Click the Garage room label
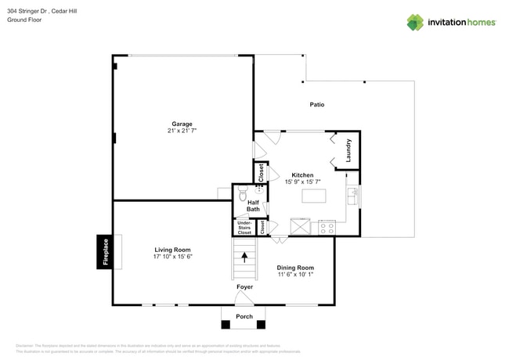pos(182,124)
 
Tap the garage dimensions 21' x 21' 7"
pos(182,131)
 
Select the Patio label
pos(316,104)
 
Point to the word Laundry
pos(348,150)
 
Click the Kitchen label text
pos(302,175)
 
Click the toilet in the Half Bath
pos(243,193)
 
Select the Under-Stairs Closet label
pos(244,228)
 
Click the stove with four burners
pos(326,228)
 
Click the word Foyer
pos(245,287)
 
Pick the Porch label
pos(244,316)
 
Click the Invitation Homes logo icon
pos(415,22)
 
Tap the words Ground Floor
pos(23,20)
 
